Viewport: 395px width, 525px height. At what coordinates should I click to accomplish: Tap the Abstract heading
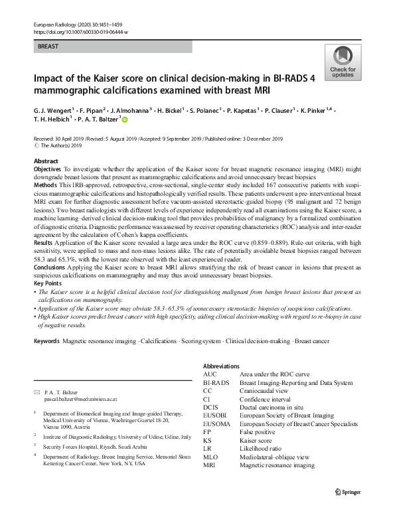tap(46, 161)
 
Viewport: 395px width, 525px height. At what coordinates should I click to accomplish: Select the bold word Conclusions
tap(50, 266)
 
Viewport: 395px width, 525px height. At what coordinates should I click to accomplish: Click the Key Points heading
tap(48, 283)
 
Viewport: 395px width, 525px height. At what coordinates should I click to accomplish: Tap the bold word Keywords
tap(46, 340)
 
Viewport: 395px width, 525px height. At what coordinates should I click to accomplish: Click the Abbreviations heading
tap(221, 366)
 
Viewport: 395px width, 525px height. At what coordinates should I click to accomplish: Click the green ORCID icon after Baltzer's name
tap(123, 119)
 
